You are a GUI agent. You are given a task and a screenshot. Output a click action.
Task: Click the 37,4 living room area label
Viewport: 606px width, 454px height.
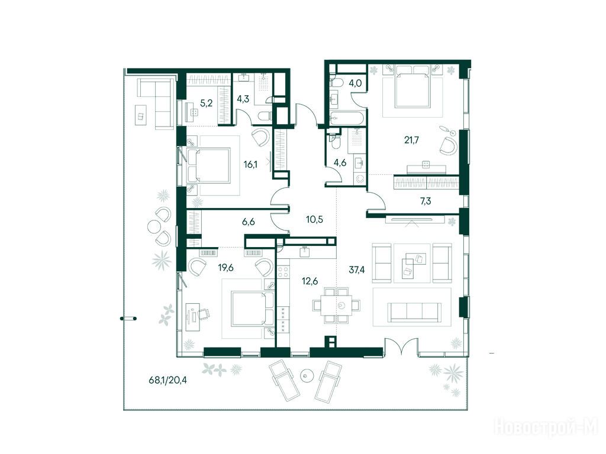click(357, 270)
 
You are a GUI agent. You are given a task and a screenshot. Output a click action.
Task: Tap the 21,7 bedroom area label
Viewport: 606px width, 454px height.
click(412, 140)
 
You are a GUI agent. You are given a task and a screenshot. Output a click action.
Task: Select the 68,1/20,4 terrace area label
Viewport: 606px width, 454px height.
click(167, 380)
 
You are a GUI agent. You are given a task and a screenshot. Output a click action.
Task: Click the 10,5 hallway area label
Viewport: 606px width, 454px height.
click(315, 220)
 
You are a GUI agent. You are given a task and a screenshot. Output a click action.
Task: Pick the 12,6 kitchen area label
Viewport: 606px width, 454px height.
click(310, 281)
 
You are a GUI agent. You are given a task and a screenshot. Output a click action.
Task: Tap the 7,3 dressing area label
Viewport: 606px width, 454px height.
click(426, 201)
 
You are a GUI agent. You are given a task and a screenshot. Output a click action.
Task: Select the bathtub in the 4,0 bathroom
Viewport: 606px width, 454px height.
click(347, 118)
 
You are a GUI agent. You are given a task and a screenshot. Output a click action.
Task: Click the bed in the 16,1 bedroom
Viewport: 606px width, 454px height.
click(209, 166)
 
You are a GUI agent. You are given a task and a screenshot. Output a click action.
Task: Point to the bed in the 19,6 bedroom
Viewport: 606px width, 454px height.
click(253, 309)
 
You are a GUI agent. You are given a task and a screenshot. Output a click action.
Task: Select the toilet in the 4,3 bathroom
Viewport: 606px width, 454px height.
click(265, 116)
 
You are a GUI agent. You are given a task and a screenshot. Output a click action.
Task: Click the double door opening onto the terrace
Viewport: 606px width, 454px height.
click(402, 345)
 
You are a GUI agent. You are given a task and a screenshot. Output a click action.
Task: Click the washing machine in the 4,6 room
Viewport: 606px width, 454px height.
click(360, 179)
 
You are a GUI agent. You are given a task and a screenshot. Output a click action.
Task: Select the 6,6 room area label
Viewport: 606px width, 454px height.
click(249, 222)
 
